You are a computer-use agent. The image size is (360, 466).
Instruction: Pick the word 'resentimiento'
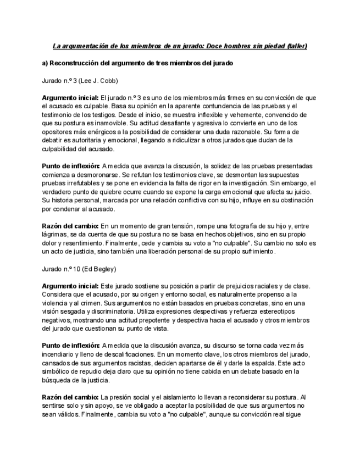point(95,243)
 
